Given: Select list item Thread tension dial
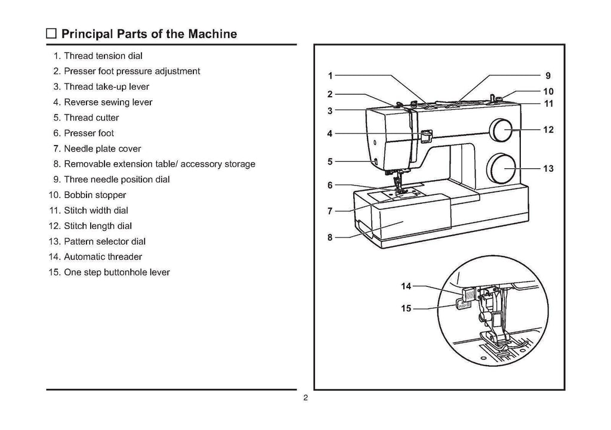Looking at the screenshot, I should point(103,56).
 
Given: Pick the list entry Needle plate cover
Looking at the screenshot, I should point(102,149).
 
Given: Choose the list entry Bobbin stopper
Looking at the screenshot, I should point(95,196).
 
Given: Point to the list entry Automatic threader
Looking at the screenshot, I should point(103,258).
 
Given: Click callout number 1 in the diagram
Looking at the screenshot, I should point(330,76).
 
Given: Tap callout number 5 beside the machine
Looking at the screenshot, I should point(330,161).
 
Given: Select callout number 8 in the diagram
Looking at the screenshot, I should point(330,237).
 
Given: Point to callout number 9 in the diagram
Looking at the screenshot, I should point(548,76).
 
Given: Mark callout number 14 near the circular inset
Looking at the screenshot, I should point(406,287).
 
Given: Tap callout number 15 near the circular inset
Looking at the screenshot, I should point(406,309).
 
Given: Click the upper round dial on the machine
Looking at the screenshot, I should point(500,129).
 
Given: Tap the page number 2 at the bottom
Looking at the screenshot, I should point(305,399).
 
